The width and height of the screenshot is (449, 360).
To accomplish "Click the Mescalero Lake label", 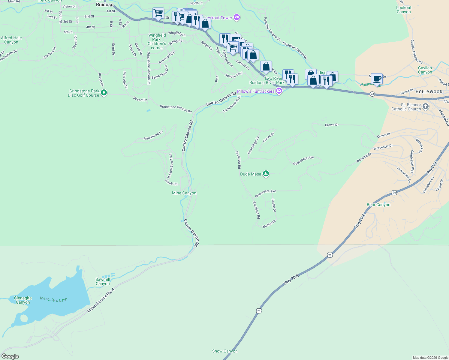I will tap(54, 299).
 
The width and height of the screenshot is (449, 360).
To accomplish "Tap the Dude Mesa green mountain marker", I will tap(266, 173).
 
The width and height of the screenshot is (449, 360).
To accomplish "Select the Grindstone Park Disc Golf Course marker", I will tap(104, 93).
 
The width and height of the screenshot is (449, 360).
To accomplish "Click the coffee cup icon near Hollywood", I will tap(377, 79).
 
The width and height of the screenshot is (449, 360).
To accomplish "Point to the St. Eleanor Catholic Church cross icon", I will tap(426, 106).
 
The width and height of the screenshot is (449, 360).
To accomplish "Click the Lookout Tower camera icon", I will tap(237, 18).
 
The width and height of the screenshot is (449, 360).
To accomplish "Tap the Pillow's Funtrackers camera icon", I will tap(279, 91).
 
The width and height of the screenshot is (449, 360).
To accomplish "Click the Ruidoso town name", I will tap(105, 4).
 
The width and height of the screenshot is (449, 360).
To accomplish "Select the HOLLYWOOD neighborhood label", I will tap(429, 92).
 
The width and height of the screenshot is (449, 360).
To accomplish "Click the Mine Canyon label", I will tap(184, 193).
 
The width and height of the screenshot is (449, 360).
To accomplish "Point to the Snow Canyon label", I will tap(225, 351).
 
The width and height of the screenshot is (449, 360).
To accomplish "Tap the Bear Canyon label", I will tap(378, 205).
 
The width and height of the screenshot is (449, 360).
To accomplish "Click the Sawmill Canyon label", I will tap(103, 281).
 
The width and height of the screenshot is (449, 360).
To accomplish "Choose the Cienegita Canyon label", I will tap(23, 300).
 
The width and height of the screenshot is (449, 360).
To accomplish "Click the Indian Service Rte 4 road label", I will tap(101, 300).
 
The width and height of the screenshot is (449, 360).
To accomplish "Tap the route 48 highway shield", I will tap(372, 94).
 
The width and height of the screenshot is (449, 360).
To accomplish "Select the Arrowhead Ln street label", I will tap(153, 135).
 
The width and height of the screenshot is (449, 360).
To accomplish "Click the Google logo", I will tap(10, 356).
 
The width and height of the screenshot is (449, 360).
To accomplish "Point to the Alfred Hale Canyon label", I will tap(11, 40).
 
